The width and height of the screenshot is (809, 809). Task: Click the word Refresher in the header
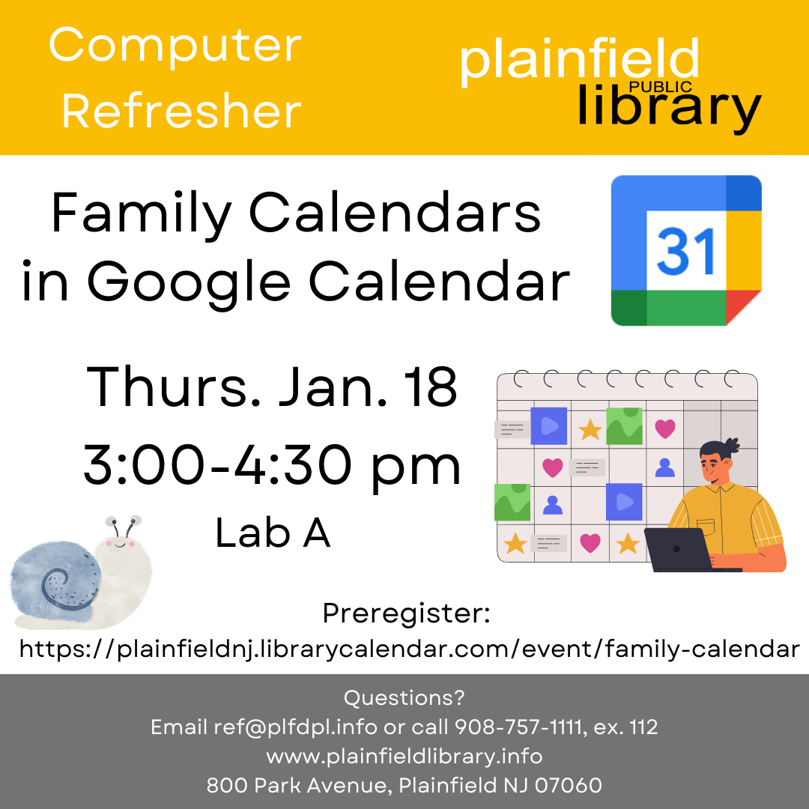click(x=181, y=111)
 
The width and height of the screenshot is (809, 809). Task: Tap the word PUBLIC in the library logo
click(x=660, y=87)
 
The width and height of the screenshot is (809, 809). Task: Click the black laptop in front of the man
click(x=677, y=551)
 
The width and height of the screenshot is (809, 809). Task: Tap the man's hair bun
click(x=731, y=446)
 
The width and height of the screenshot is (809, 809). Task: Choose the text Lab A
click(x=273, y=534)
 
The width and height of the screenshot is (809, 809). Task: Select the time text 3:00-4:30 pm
click(x=272, y=464)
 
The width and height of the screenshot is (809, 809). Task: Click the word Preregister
click(x=406, y=613)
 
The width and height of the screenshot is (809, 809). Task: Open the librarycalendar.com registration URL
click(x=409, y=649)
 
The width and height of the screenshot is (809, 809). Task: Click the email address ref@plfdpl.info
click(x=297, y=727)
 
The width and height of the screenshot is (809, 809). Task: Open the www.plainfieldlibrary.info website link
click(x=404, y=757)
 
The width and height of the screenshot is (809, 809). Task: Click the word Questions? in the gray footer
click(x=404, y=698)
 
